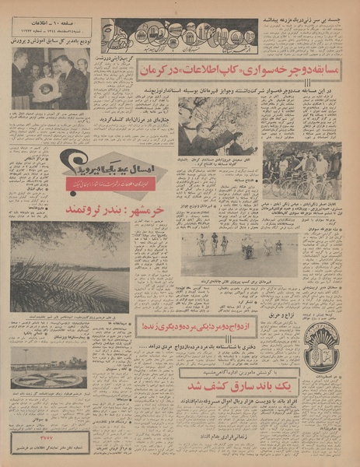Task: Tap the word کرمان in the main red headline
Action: click(x=160, y=71)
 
